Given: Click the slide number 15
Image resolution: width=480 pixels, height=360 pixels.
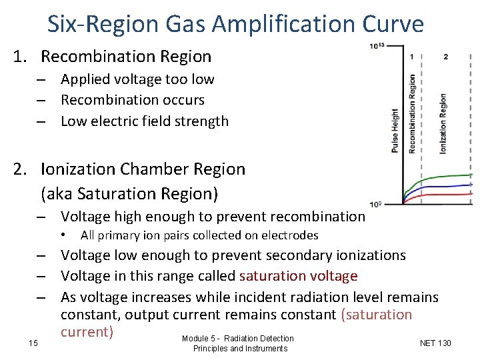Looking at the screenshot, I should tap(33, 343).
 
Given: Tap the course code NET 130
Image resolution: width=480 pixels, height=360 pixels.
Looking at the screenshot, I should tap(435, 343).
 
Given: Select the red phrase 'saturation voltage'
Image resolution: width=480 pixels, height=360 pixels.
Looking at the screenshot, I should tap(298, 276).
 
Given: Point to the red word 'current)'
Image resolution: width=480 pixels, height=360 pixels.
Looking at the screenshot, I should tap(87, 332).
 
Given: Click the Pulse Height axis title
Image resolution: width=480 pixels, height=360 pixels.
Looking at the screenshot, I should tap(395, 131).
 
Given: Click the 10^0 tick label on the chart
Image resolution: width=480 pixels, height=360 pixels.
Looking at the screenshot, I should tap(376, 203).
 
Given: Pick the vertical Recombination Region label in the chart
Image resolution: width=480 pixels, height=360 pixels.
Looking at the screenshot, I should tap(412, 114).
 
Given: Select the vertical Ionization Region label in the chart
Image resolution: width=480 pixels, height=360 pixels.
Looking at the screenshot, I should tap(443, 123).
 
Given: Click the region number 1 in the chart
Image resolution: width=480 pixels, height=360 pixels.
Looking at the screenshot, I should tap(413, 57).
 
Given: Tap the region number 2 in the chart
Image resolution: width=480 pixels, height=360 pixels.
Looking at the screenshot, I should tap(445, 57).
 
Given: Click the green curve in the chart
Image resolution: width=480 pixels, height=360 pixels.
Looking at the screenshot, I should tap(447, 177).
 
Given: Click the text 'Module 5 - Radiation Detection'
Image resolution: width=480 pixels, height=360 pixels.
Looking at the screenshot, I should tap(237, 339).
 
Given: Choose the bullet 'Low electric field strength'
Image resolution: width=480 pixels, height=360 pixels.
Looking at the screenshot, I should tap(144, 121).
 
